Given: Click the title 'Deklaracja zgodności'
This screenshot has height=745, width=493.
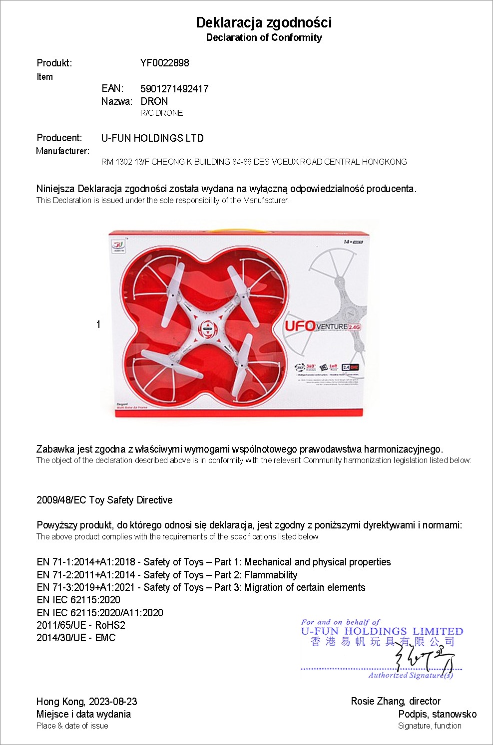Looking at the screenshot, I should (x=264, y=22).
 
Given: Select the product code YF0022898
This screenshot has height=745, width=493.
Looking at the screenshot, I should (x=164, y=63).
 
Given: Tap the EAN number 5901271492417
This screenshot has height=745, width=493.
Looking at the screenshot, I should (x=174, y=89).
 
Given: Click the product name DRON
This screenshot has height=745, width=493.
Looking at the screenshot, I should (x=154, y=101).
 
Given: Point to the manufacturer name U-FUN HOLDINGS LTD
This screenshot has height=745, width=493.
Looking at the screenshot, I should (x=152, y=138).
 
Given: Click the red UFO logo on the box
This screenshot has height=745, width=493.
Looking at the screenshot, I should (x=300, y=326).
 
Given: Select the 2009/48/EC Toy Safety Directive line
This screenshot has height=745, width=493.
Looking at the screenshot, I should (x=104, y=500).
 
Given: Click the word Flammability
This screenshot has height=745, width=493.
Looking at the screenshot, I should (x=271, y=575).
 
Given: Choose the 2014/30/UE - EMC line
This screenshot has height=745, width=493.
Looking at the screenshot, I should (x=76, y=638).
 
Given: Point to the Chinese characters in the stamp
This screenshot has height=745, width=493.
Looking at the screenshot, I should (x=383, y=642).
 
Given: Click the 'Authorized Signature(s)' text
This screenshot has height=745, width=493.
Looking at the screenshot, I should (x=411, y=675).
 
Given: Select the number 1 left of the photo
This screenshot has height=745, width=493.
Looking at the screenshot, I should (x=98, y=324).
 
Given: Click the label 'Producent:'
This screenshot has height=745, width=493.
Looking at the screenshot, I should (x=59, y=138).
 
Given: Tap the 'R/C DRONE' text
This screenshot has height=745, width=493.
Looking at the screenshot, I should (x=161, y=113).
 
